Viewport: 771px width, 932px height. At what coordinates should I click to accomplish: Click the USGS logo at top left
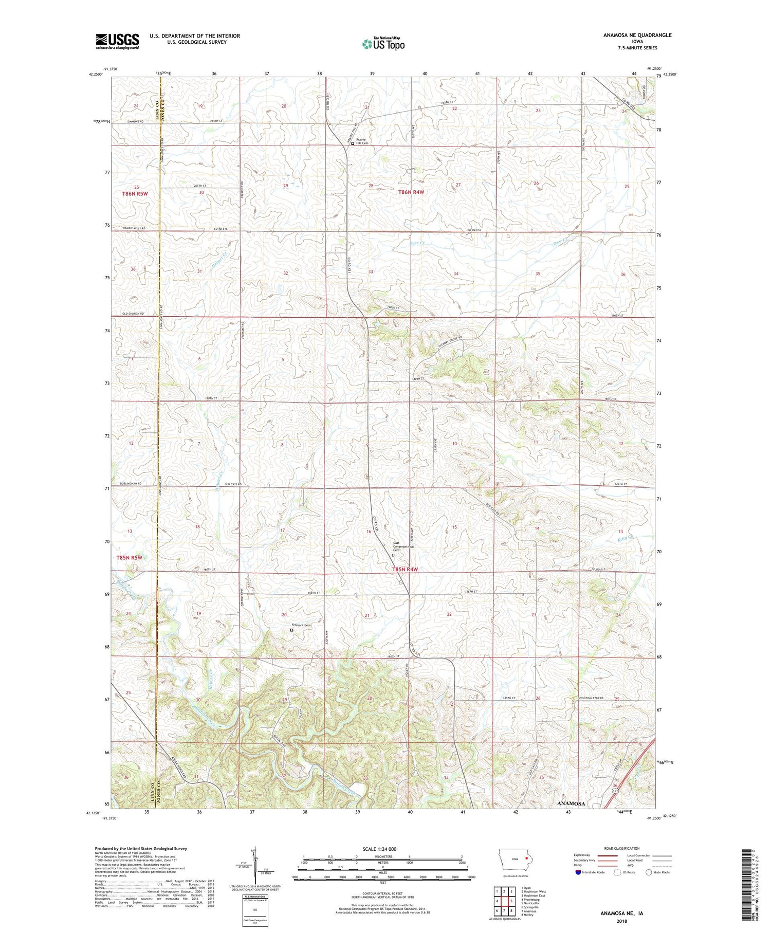click(117, 41)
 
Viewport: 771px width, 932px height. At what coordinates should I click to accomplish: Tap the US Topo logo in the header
click(383, 44)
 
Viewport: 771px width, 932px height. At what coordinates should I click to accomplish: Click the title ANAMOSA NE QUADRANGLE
click(630, 35)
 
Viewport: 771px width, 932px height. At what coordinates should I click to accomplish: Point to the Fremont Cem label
click(302, 625)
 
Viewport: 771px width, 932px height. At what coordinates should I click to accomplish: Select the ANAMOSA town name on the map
click(571, 803)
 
